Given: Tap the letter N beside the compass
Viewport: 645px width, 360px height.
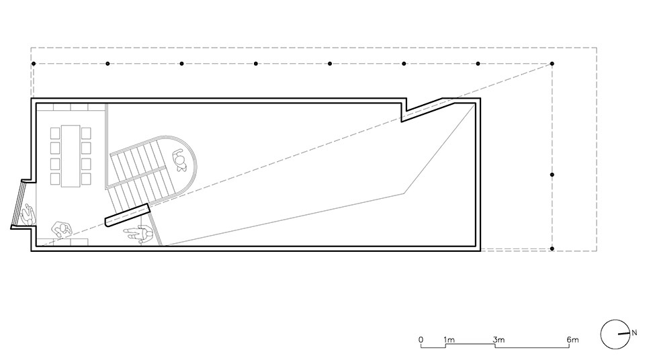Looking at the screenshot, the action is pos(634,332).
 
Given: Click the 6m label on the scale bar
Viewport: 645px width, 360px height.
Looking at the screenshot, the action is pos(572,340).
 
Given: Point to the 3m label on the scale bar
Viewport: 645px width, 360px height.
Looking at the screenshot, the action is pos(499,340).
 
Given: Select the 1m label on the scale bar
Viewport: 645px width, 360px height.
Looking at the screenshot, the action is pos(449,340).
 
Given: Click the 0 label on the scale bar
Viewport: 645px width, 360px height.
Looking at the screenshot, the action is pos(421,340).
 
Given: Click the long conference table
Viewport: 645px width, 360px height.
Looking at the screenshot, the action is pos(71,156).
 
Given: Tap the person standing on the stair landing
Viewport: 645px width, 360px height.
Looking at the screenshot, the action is pos(180,160).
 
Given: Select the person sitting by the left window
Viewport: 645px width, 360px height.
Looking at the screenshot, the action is pos(28,215).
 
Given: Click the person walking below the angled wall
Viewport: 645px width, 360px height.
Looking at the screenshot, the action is pos(138,234).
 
